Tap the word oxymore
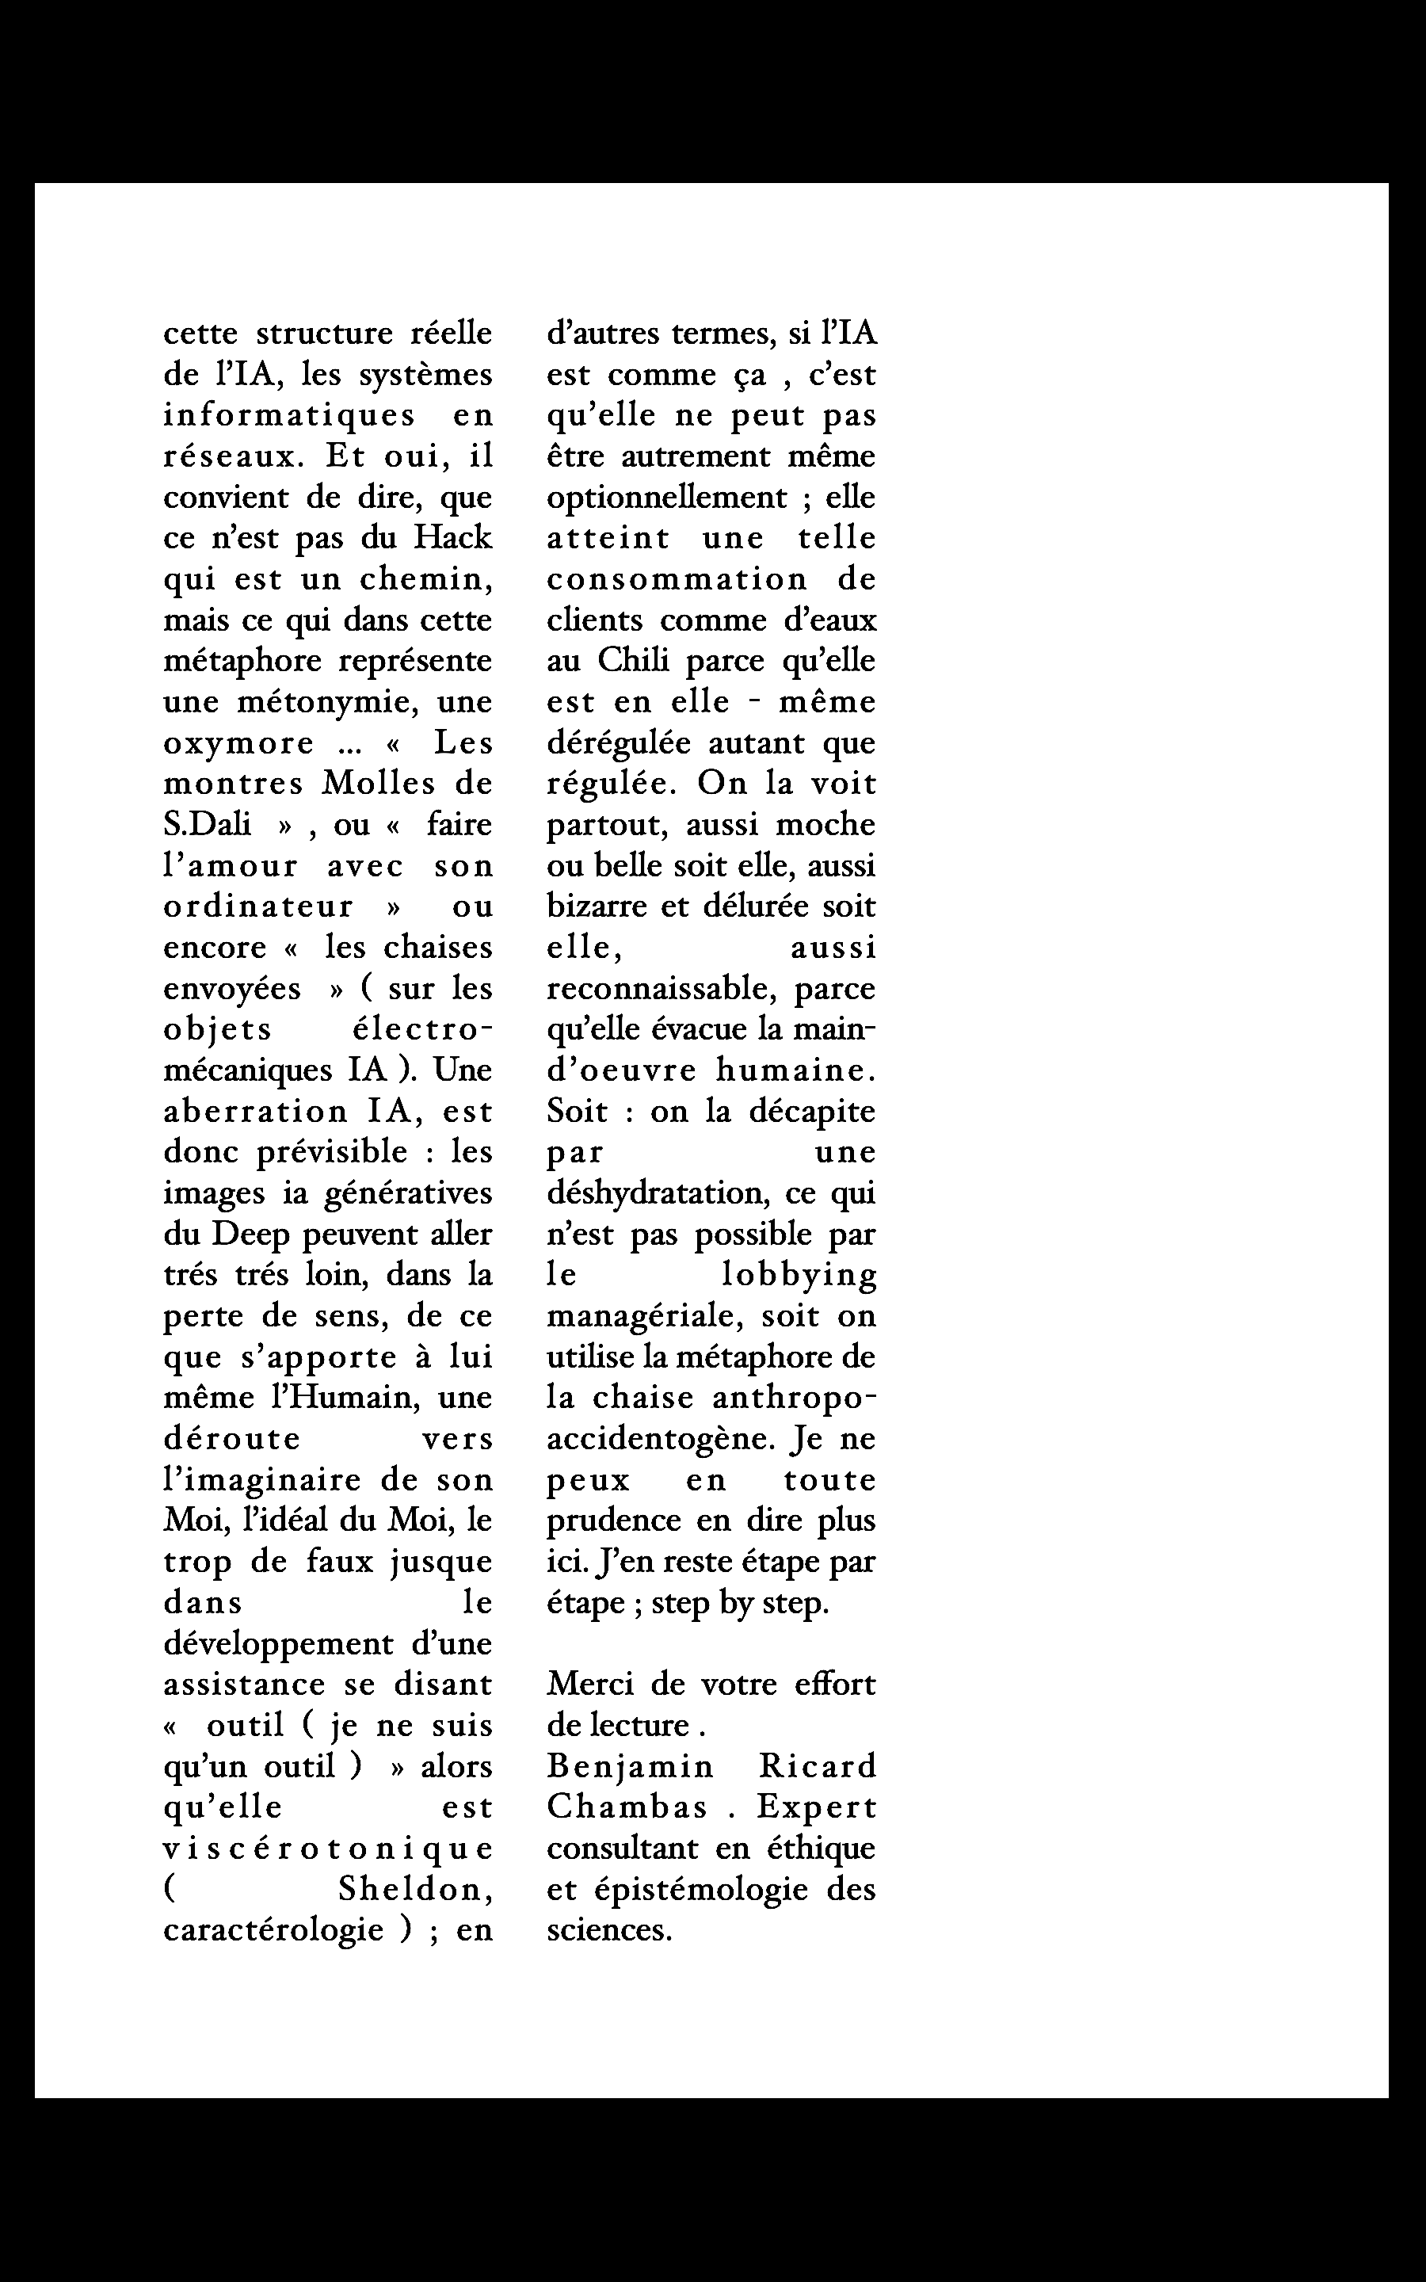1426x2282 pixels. (x=238, y=743)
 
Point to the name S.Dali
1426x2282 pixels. (x=208, y=824)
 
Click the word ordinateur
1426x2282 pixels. (x=258, y=906)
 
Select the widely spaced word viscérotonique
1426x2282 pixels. (x=328, y=1849)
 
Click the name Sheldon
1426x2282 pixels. (x=414, y=1890)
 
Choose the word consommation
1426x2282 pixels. (x=677, y=579)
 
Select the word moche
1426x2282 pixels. (x=825, y=824)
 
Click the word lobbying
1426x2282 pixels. (x=799, y=1275)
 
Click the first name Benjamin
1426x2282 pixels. (x=630, y=1766)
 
